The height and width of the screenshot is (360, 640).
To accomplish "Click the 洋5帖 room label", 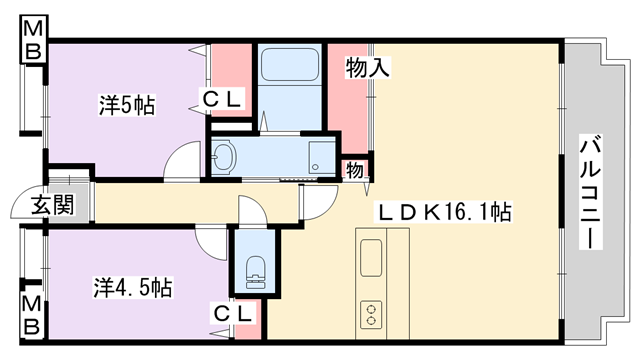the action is point(127,105).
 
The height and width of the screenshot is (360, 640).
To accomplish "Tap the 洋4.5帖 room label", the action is point(133,287).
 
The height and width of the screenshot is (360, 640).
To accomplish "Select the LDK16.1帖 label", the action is point(444,212).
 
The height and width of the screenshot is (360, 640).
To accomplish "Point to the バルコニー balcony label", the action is point(590,191).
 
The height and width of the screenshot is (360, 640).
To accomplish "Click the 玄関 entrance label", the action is point(53,204).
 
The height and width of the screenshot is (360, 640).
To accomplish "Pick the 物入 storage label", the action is point(368,67).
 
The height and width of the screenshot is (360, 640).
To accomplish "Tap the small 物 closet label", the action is point(355,169).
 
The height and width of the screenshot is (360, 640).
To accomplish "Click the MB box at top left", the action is point(33,40).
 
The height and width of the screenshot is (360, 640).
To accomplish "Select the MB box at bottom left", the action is point(32,315).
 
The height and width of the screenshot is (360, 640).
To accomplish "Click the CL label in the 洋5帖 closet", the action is point(222,98).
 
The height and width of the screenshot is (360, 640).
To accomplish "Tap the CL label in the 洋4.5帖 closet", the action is point(232,313).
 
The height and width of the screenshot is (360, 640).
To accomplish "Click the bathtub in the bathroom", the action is point(290,64).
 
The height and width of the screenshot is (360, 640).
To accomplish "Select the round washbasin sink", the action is point(223,156).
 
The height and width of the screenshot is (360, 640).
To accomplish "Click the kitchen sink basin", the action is point(371,258).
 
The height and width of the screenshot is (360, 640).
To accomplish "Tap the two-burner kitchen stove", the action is point(371,315).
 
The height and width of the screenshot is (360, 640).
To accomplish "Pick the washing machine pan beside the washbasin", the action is point(322,157).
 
